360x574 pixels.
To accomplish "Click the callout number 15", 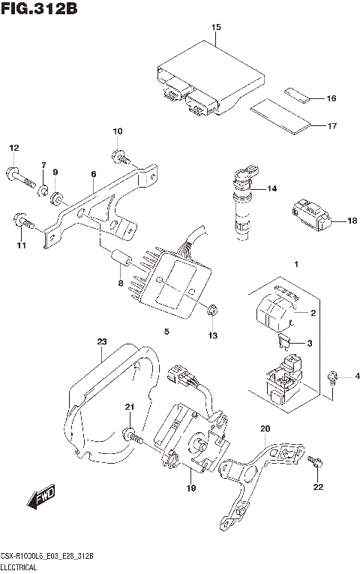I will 216,28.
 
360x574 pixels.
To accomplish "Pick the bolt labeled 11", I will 22,221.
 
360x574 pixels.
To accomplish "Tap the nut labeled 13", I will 212,308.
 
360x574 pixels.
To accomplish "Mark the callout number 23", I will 102,342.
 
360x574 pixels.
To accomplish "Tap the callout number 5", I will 166,331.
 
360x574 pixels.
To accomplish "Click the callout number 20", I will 263,429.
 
